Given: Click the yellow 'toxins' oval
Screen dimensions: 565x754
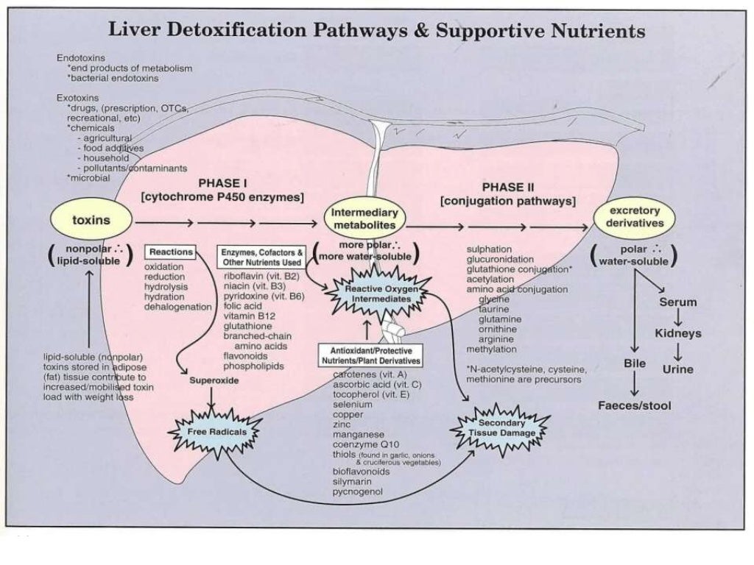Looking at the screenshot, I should (x=91, y=219).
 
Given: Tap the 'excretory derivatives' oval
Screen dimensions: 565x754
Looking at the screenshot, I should (x=635, y=217).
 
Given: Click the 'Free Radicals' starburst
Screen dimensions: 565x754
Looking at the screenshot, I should (x=216, y=431).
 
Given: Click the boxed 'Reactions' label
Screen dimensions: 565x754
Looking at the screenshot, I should (x=171, y=252).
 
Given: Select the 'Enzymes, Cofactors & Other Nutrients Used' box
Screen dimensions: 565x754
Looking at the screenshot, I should (x=261, y=257).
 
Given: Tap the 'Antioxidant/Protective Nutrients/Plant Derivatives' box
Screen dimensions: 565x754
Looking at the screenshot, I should (x=370, y=356).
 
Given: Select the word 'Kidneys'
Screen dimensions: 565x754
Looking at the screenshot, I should (x=677, y=333).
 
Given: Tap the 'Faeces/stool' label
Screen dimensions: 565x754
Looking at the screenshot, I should (x=634, y=405).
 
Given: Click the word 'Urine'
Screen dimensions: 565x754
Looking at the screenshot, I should (x=677, y=369).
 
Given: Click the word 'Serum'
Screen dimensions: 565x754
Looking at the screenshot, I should (x=677, y=302).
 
